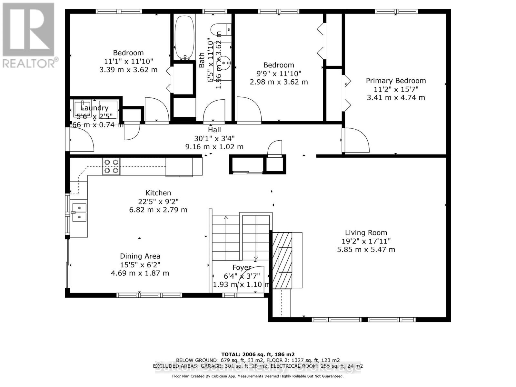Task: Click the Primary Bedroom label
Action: tap(396, 81)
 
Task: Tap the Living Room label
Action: tap(366, 233)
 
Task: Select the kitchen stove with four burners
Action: tap(111, 166)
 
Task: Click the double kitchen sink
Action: tap(79, 212)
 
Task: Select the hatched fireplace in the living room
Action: tap(283, 260)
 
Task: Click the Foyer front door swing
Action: tap(251, 279)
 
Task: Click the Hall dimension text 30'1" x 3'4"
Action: tap(214, 138)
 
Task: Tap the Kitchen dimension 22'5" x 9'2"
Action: tap(158, 201)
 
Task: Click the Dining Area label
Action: tap(140, 256)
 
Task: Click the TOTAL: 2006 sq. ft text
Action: tap(258, 354)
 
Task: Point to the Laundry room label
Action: tap(94, 108)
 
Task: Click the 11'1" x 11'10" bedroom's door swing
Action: tap(156, 110)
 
